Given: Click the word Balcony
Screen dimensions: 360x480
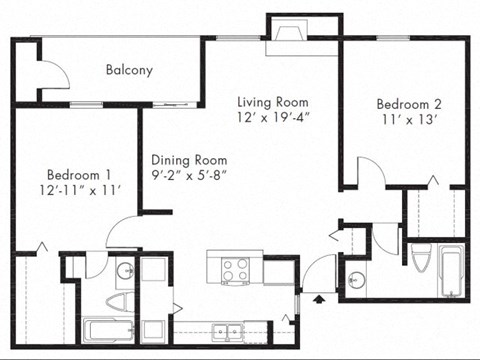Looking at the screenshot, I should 129,70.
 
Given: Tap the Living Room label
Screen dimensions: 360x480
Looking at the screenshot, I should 272,102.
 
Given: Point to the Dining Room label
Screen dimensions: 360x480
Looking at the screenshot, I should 189,159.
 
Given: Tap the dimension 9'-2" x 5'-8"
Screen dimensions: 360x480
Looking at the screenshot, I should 189,176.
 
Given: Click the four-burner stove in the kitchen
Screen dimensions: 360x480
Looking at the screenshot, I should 233,268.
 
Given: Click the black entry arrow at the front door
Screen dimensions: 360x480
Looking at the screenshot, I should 319,297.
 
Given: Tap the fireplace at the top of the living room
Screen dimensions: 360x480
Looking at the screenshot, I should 289,33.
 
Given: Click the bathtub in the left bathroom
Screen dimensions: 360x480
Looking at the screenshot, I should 106,330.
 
